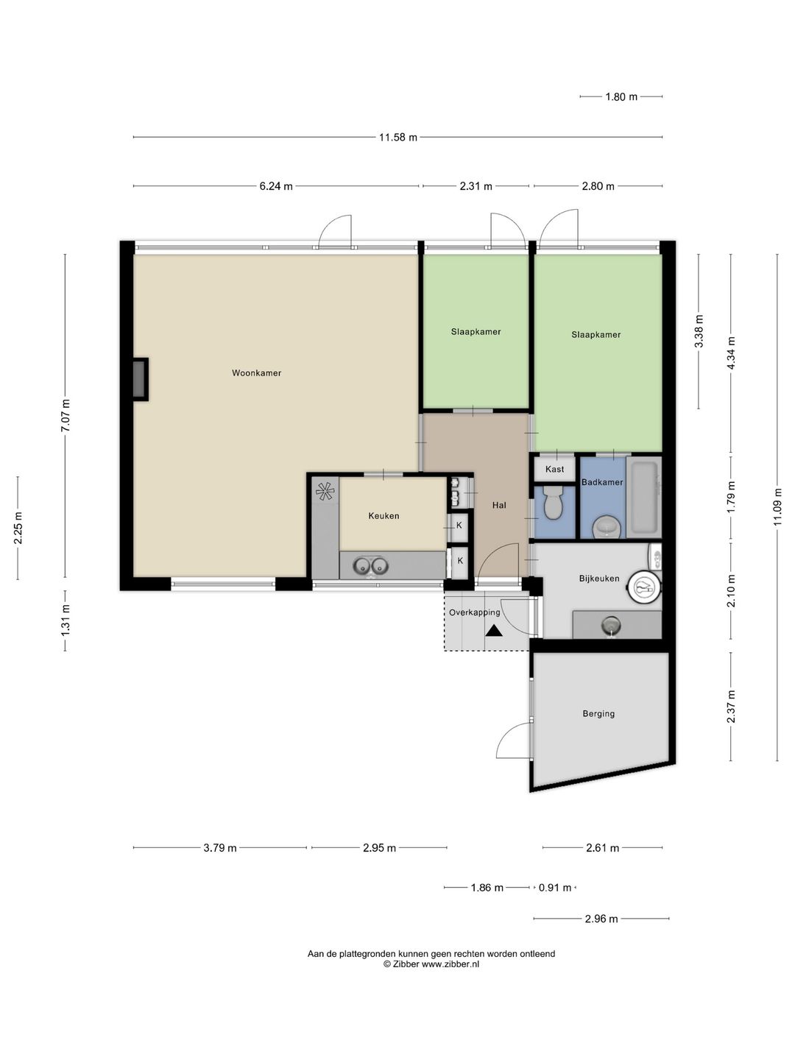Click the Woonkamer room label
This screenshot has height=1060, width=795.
click(256, 372)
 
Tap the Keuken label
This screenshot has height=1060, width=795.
click(384, 516)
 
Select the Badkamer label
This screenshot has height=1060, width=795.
click(602, 482)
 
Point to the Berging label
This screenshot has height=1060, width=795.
click(598, 713)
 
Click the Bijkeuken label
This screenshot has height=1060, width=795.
click(599, 579)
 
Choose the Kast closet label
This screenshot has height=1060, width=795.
click(554, 469)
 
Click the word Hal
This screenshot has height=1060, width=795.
click(499, 505)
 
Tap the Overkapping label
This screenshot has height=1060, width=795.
click(475, 613)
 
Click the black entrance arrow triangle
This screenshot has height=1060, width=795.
click(494, 630)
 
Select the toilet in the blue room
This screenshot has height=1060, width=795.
click(553, 502)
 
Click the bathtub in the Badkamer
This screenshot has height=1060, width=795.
click(643, 497)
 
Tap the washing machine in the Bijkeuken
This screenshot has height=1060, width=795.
click(644, 586)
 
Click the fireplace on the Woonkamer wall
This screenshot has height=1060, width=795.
click(141, 379)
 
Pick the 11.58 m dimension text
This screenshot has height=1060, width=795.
click(397, 137)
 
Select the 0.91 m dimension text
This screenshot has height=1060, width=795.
click(554, 888)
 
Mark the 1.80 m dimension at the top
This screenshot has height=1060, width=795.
click(621, 96)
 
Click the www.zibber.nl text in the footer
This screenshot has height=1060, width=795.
click(451, 964)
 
